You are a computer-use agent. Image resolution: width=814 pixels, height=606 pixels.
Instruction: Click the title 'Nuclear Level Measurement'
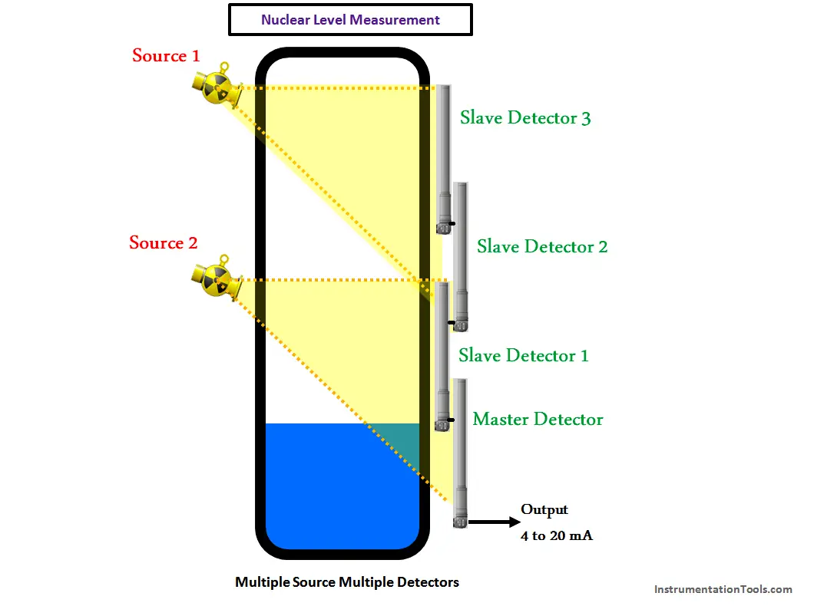tap(350, 20)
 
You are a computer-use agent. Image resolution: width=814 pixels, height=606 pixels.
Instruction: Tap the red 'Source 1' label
tap(166, 55)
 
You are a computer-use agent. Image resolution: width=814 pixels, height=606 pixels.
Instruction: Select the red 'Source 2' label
tap(163, 242)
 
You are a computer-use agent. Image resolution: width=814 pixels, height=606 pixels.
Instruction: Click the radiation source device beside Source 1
tap(217, 86)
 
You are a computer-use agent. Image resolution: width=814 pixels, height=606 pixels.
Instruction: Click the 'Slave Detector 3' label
tap(524, 117)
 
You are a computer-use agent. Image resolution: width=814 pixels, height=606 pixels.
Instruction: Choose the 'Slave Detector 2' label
tap(542, 246)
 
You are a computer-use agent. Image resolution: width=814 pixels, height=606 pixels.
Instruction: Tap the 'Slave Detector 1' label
tap(523, 355)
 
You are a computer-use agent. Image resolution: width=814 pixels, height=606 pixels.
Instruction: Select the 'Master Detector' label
tap(538, 419)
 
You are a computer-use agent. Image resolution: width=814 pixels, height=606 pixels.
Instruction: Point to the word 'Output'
tap(544, 509)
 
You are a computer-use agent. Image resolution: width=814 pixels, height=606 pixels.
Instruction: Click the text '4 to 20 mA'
tap(557, 535)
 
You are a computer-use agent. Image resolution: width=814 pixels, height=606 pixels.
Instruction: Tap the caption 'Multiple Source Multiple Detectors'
tap(347, 582)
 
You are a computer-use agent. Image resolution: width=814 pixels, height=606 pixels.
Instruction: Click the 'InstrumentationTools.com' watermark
tap(723, 589)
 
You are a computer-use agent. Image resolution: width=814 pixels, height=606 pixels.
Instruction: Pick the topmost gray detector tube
tap(444, 159)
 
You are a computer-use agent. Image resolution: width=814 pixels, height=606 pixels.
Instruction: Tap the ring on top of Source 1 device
tap(224, 68)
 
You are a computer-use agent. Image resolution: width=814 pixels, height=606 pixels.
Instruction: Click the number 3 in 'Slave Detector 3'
tap(586, 119)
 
